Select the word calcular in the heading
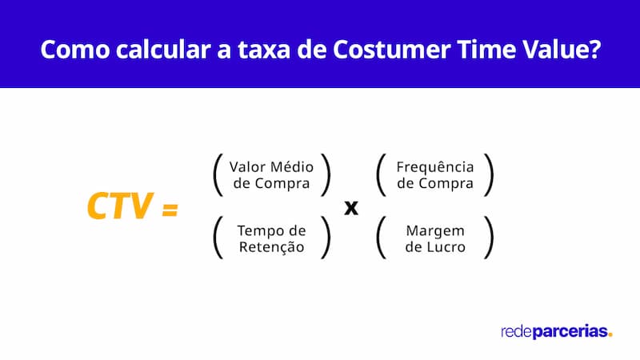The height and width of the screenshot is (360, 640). pos(157,49)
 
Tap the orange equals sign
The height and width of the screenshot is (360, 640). pos(169,209)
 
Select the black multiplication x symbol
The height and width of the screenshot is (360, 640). pos(350,207)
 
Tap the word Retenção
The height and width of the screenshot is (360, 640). pos(271,247)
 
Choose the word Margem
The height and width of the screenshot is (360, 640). pos(434,231)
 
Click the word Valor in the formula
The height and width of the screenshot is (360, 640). pos(247,167)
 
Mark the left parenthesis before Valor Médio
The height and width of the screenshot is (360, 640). pos(217,175)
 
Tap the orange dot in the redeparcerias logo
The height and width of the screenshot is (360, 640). pos(610,334)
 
